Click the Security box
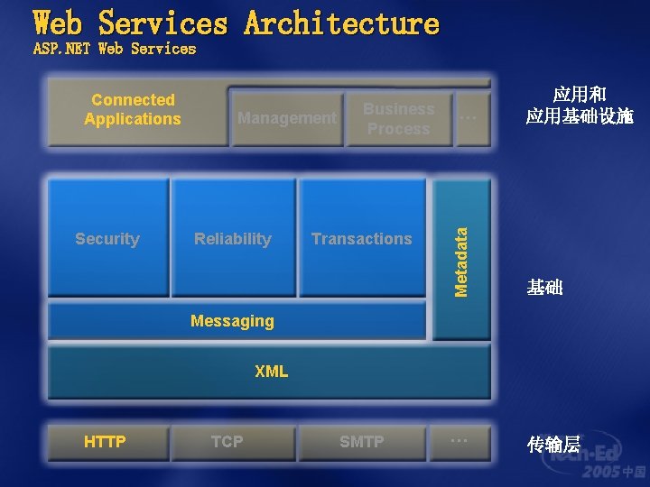107,238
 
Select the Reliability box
233,238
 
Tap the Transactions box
361,238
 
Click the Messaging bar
233,321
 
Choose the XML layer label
271,371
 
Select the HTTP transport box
106,441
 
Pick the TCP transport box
227,441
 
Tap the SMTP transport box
361,441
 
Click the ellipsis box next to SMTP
460,441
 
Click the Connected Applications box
134,110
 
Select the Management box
286,118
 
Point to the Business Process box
398,118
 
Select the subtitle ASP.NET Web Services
115,49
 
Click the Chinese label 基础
544,288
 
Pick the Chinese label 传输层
553,444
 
